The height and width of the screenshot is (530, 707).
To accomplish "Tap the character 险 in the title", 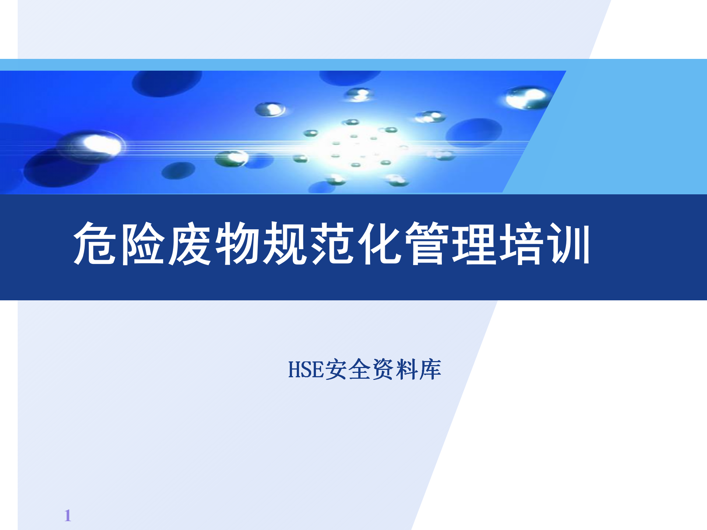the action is pyautogui.click(x=143, y=243).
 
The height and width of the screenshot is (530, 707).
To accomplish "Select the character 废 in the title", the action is pyautogui.click(x=190, y=243).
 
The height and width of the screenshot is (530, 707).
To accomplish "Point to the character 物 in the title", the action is pyautogui.click(x=237, y=243).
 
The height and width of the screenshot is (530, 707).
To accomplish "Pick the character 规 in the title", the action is pyautogui.click(x=284, y=243).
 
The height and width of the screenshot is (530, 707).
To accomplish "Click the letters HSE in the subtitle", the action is pyautogui.click(x=306, y=370).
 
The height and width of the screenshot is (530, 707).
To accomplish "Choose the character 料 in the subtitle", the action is pyautogui.click(x=407, y=369).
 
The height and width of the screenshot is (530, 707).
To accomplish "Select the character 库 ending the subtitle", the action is pyautogui.click(x=430, y=369).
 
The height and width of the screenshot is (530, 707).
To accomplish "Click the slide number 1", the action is pyautogui.click(x=68, y=515).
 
